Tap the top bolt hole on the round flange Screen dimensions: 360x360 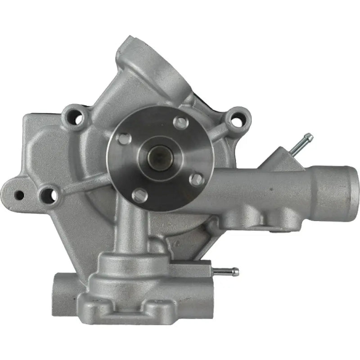[181, 122]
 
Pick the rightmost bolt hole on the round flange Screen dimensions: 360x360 [196, 179]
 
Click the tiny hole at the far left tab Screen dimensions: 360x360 [19, 194]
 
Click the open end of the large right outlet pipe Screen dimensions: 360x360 [353, 192]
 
